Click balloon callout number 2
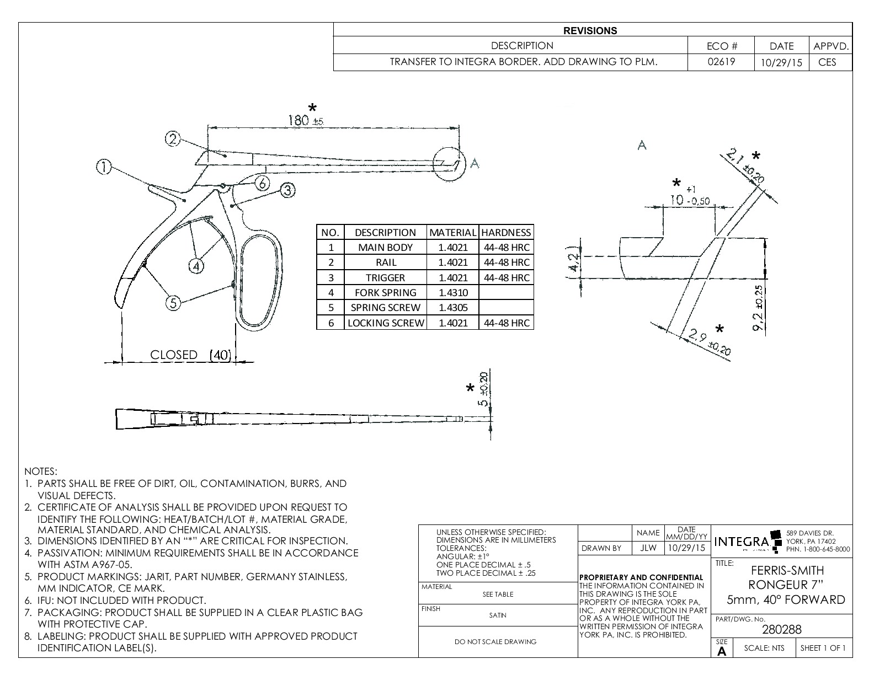click(173, 140)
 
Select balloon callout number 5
click(174, 303)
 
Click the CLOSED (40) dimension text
click(190, 355)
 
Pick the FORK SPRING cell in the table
click(385, 292)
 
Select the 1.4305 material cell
click(452, 307)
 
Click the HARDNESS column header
click(506, 232)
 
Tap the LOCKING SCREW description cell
click(385, 323)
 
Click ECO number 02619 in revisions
click(721, 62)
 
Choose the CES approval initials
click(827, 62)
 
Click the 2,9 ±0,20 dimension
click(710, 342)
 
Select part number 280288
click(781, 629)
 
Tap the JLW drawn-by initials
click(648, 548)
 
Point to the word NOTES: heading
click(41, 472)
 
